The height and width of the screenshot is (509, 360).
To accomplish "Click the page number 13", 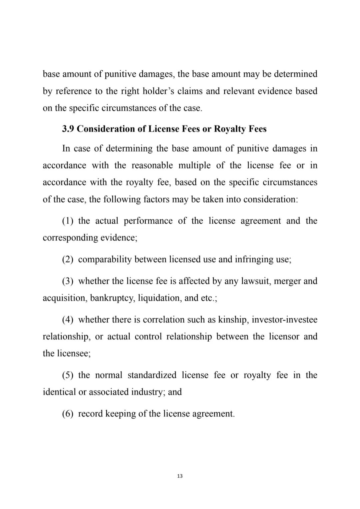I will (x=180, y=476).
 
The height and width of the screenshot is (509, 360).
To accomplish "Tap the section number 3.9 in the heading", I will (x=68, y=129).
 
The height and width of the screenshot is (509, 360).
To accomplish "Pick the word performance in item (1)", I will (x=148, y=221).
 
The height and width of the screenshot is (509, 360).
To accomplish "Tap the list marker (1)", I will (x=68, y=221).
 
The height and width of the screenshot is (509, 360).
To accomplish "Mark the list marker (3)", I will (x=68, y=281).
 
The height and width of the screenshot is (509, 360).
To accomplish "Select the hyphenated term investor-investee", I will (x=284, y=320).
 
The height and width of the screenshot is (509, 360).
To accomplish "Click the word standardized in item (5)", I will (x=152, y=375).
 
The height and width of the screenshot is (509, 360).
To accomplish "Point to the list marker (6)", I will (x=68, y=414).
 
